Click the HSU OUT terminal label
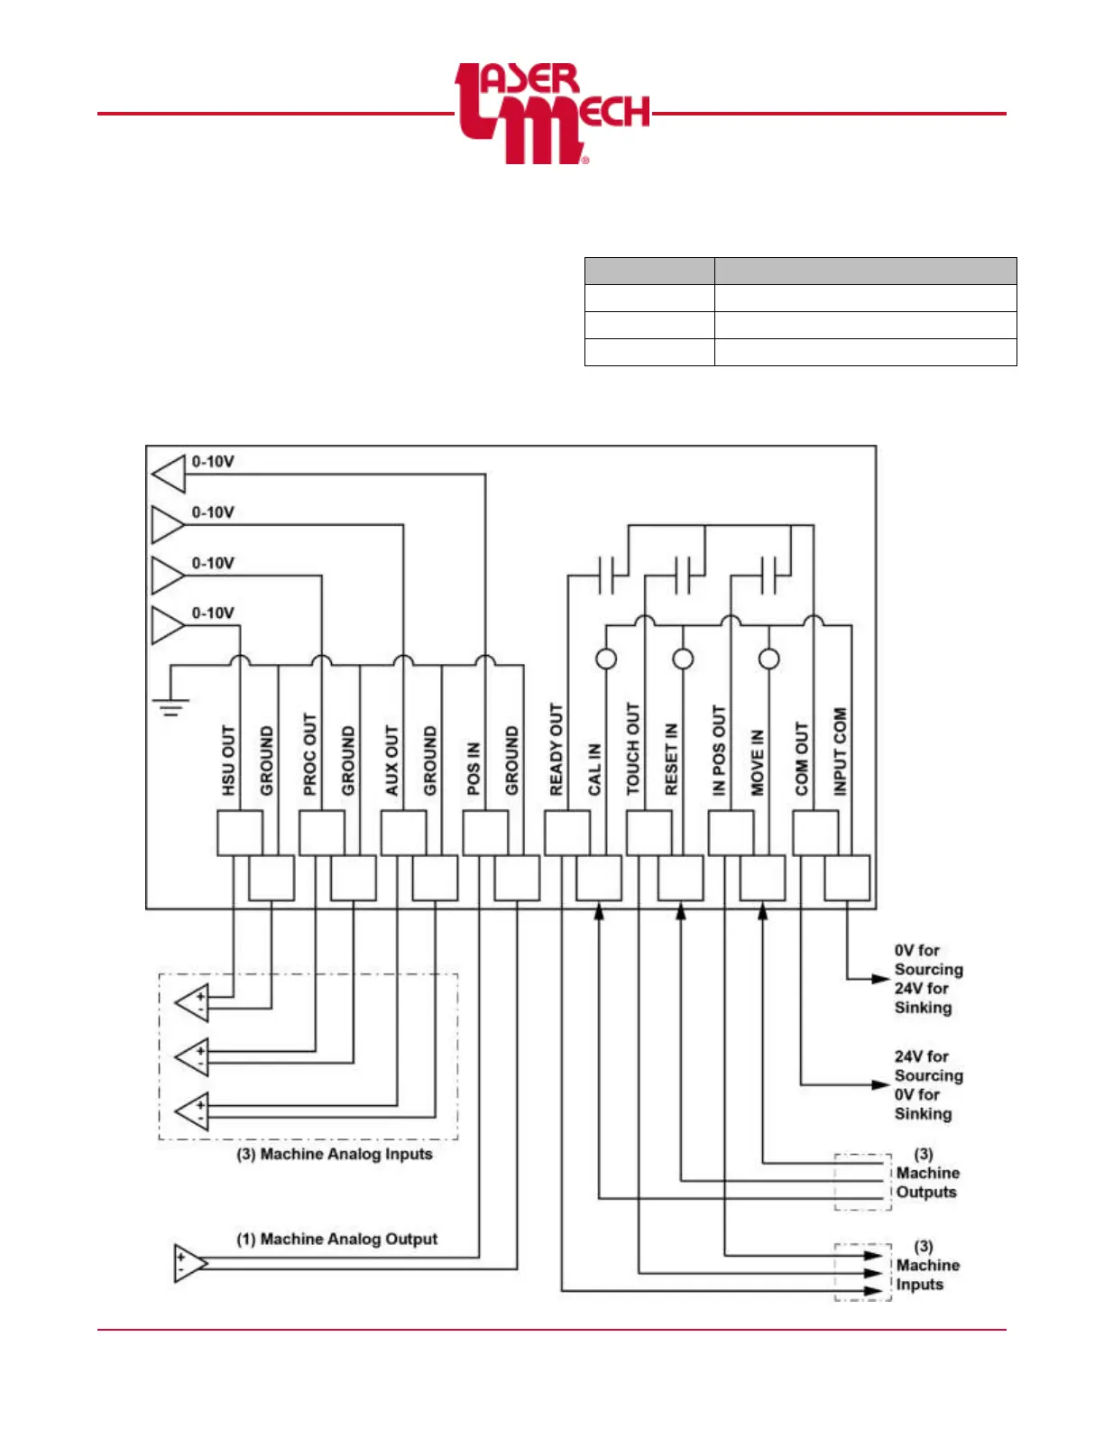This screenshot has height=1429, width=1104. point(228,761)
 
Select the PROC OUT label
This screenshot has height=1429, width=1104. point(310,754)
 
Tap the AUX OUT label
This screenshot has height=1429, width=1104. point(391,761)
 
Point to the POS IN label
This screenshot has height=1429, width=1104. point(474,769)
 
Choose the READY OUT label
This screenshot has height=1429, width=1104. point(556,750)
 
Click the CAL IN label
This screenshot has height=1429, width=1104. point(594,770)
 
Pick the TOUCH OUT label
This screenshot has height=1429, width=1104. point(632,749)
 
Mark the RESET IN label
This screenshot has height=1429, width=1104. point(671,759)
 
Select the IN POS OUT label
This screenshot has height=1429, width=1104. point(719,751)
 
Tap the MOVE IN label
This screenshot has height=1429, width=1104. point(758,762)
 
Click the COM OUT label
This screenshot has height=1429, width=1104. point(802,759)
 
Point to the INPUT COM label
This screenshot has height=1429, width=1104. point(840,751)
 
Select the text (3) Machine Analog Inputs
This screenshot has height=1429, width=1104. point(335,1154)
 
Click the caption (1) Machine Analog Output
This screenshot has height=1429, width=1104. point(337,1239)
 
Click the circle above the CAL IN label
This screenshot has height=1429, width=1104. point(606,659)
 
